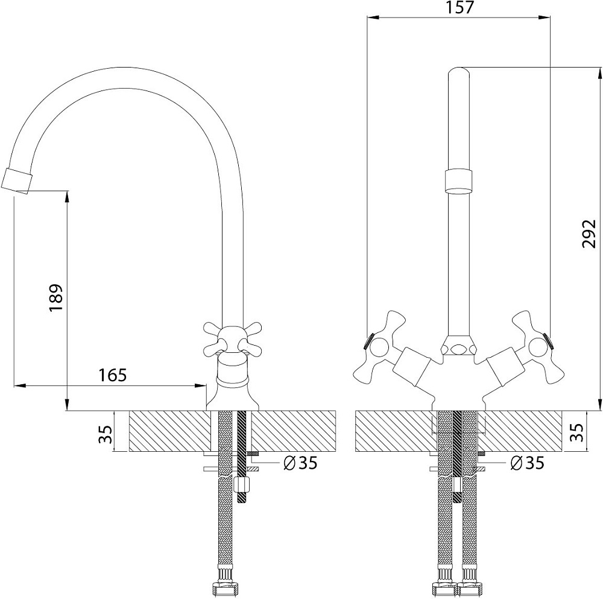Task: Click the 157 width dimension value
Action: point(459,7)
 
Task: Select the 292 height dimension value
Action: point(589,233)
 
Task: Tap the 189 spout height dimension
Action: point(55,298)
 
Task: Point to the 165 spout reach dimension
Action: point(112,375)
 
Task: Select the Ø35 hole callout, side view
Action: point(300,463)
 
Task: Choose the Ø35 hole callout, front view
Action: point(527,463)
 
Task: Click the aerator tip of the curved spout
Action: point(16,180)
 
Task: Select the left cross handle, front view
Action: point(379,347)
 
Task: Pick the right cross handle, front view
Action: point(538,347)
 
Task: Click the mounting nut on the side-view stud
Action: point(242,484)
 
